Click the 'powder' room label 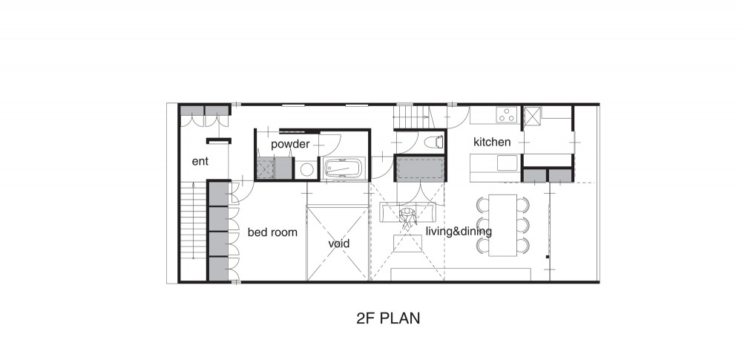click(290, 144)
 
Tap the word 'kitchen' click(492, 142)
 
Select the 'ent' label click(200, 162)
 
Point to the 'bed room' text click(272, 232)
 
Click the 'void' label click(339, 243)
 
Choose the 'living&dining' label click(459, 232)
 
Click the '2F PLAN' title click(388, 318)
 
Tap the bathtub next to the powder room click(344, 168)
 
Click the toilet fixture click(434, 142)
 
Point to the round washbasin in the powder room click(306, 169)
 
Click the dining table click(502, 225)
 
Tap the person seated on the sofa click(408, 215)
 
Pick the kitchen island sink click(508, 163)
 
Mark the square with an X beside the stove click(532, 117)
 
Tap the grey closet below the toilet click(420, 169)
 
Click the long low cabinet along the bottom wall click(461, 274)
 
